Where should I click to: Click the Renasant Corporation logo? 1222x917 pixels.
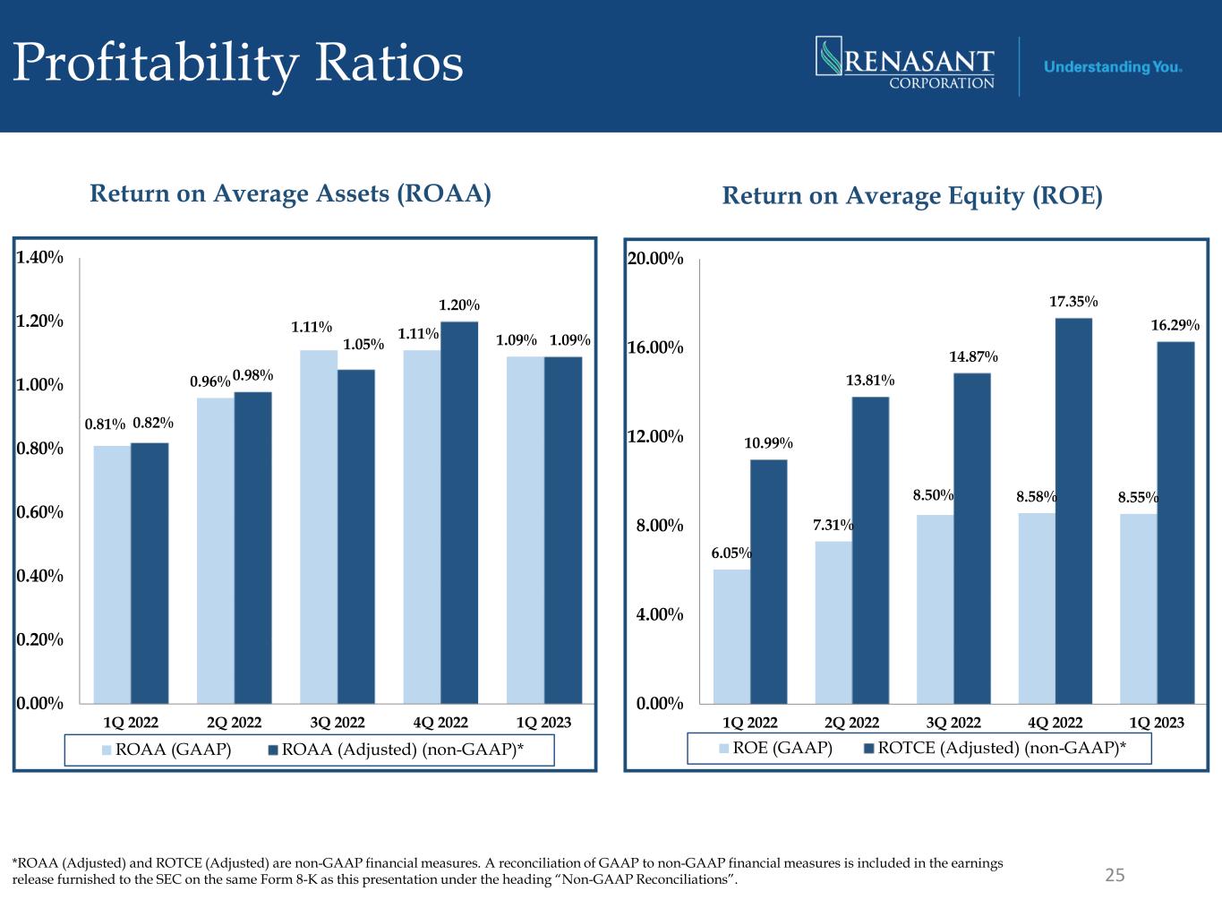(905, 63)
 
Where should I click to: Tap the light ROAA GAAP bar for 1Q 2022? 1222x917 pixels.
(112, 574)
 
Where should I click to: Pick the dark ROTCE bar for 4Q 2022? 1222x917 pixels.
(1073, 510)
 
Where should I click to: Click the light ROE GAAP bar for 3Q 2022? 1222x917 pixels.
(935, 609)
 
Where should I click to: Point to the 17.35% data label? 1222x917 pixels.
(1073, 303)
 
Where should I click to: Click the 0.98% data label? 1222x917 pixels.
(253, 375)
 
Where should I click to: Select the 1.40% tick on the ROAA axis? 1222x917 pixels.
(39, 258)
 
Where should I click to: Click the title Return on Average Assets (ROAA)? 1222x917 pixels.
(290, 194)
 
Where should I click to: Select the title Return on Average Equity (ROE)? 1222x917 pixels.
(912, 196)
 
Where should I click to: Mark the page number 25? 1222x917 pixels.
(1115, 875)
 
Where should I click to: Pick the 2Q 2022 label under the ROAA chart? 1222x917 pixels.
(234, 723)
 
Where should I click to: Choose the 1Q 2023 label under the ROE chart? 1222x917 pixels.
(1156, 723)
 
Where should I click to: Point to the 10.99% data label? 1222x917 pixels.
(768, 442)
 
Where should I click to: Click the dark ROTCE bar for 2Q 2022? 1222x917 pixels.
(870, 550)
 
